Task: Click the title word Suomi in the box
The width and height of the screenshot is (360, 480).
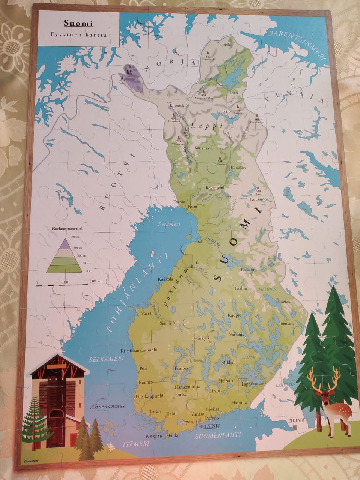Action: tap(78, 23)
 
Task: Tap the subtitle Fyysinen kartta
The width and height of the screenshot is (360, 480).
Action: tap(79, 35)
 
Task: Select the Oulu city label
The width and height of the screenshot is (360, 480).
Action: tap(201, 241)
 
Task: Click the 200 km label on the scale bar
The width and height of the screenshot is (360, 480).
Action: tap(96, 281)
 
